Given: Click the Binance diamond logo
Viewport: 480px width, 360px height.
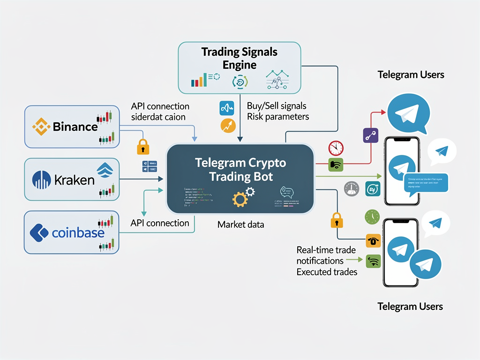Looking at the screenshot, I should coord(41,127).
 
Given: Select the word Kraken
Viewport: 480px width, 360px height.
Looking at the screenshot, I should coord(74,180).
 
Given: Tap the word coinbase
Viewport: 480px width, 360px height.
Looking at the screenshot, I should coord(78,232).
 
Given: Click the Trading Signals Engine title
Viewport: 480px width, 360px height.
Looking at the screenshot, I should coord(240,58).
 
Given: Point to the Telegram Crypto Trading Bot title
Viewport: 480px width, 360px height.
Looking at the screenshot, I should coord(240,170).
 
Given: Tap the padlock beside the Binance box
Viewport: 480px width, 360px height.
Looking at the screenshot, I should coord(143,147).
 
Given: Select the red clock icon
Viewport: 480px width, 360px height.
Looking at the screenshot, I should coord(336,148).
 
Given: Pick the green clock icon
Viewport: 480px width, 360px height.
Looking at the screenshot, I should coord(372,217).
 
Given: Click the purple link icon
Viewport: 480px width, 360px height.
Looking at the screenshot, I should coord(370,135).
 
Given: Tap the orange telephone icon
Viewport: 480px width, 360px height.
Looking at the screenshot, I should coord(373,240).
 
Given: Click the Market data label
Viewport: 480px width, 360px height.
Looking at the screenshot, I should coord(240,225).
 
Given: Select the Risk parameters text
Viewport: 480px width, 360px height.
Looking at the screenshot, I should coord(277,117).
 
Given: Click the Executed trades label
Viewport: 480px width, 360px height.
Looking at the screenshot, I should coord(327,272).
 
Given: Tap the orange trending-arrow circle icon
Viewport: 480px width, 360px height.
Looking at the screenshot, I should coord(227,125).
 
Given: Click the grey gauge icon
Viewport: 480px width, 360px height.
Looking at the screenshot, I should coord(351,188).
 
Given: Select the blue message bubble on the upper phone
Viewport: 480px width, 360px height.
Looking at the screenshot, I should coord(425,182).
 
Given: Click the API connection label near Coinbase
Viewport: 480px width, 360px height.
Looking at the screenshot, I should coord(160,223).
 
